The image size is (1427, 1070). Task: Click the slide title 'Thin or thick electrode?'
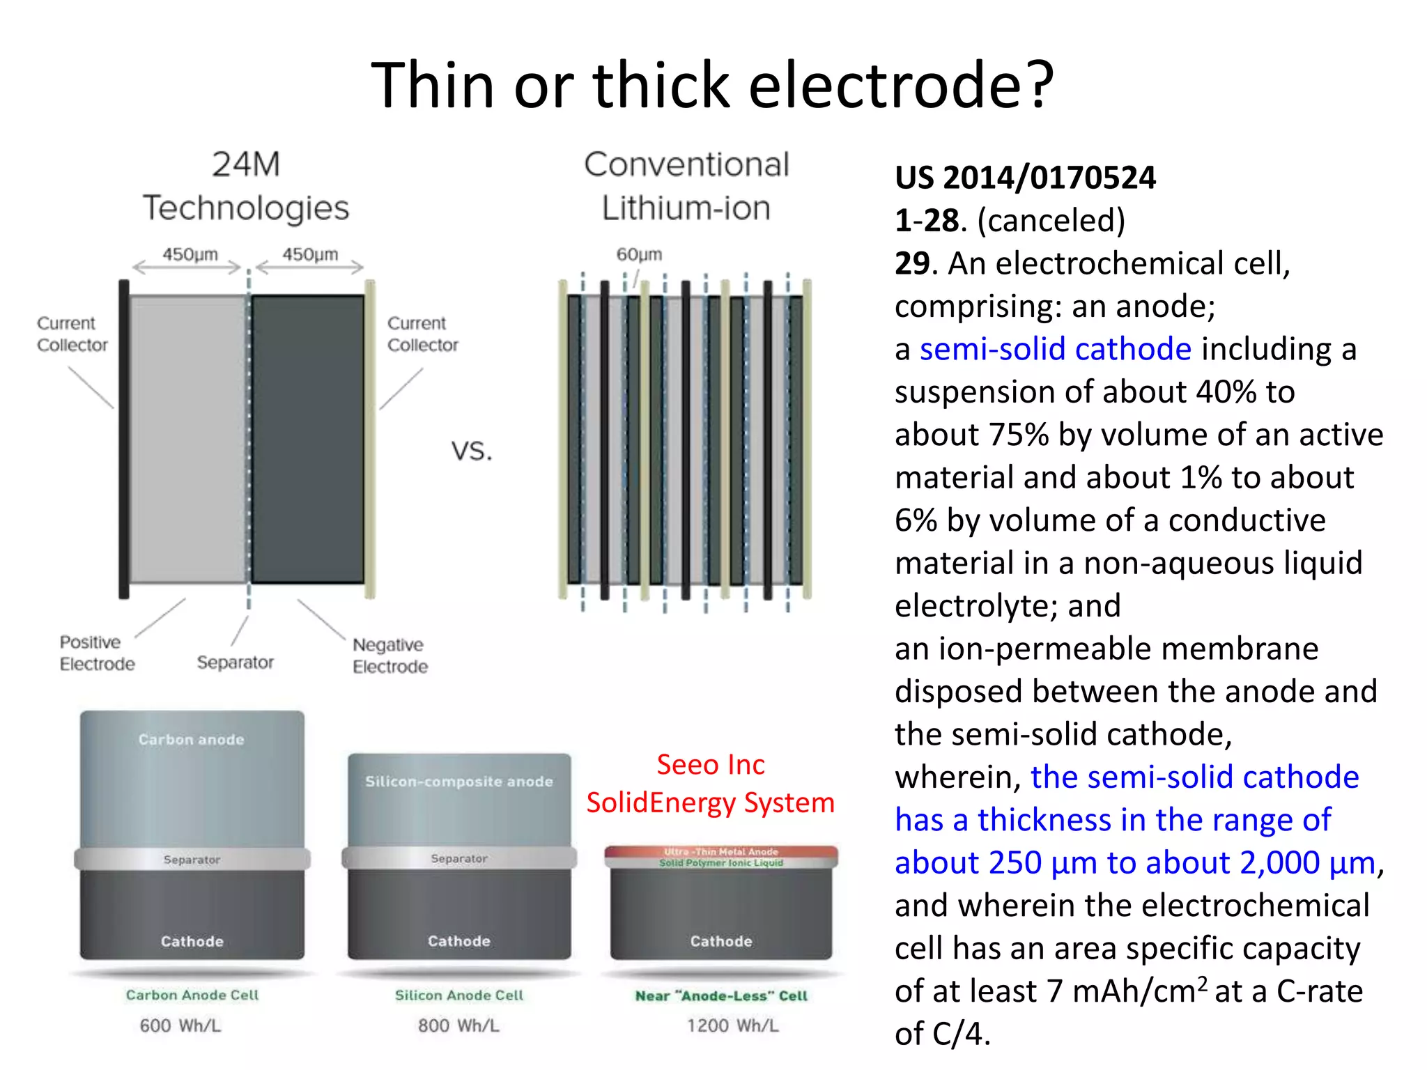(712, 85)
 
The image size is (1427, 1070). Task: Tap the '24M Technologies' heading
(246, 186)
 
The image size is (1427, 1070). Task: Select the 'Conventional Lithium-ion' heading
(686, 186)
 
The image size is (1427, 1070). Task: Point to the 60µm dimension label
(639, 254)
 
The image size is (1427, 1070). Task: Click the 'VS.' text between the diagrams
(472, 451)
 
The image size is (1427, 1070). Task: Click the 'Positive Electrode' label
(97, 653)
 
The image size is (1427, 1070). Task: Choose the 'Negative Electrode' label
(389, 656)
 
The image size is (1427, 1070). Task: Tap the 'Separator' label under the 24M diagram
(235, 662)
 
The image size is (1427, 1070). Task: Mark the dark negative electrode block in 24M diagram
(307, 439)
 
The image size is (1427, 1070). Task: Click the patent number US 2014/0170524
(1025, 178)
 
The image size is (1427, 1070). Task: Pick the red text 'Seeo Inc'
(710, 765)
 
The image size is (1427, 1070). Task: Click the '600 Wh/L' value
(180, 1025)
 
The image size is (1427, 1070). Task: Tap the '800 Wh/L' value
(458, 1025)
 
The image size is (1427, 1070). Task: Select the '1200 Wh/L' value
(732, 1025)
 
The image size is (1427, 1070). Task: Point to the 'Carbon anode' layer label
(191, 740)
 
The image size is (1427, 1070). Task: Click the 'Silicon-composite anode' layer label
(458, 782)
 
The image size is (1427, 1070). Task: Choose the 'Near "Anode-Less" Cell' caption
(721, 996)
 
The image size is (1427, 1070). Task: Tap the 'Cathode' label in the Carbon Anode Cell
(192, 942)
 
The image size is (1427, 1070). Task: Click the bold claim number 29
(911, 263)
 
